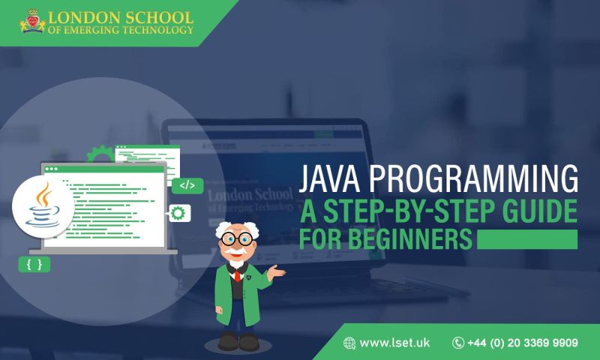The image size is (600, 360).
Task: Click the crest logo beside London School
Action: pos(31,22)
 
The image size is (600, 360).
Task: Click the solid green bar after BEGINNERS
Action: pos(527,239)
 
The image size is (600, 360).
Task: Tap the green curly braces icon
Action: pos(34,264)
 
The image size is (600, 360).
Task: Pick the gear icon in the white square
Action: pos(178,213)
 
